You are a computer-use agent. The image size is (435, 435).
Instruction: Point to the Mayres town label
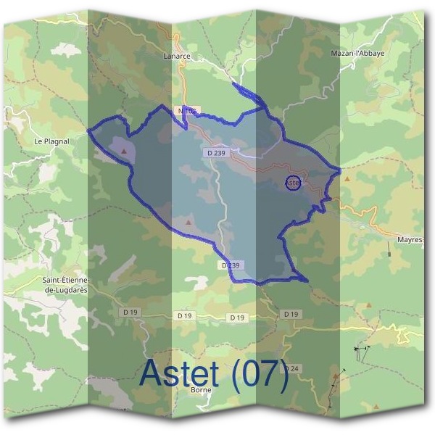click(410, 239)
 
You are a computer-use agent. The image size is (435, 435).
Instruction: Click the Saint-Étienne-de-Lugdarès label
click(66, 285)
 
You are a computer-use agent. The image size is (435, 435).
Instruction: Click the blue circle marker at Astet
click(293, 183)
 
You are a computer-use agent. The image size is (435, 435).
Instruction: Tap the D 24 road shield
click(291, 369)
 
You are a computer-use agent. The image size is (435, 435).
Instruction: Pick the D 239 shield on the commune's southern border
click(229, 265)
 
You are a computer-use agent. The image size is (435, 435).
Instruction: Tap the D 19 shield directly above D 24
click(291, 314)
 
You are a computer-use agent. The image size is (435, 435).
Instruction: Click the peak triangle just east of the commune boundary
click(347, 178)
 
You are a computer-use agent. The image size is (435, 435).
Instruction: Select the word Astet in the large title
click(180, 373)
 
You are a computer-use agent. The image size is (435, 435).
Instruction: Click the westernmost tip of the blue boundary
click(88, 130)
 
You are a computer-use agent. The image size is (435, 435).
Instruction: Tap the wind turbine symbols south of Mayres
click(360, 350)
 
